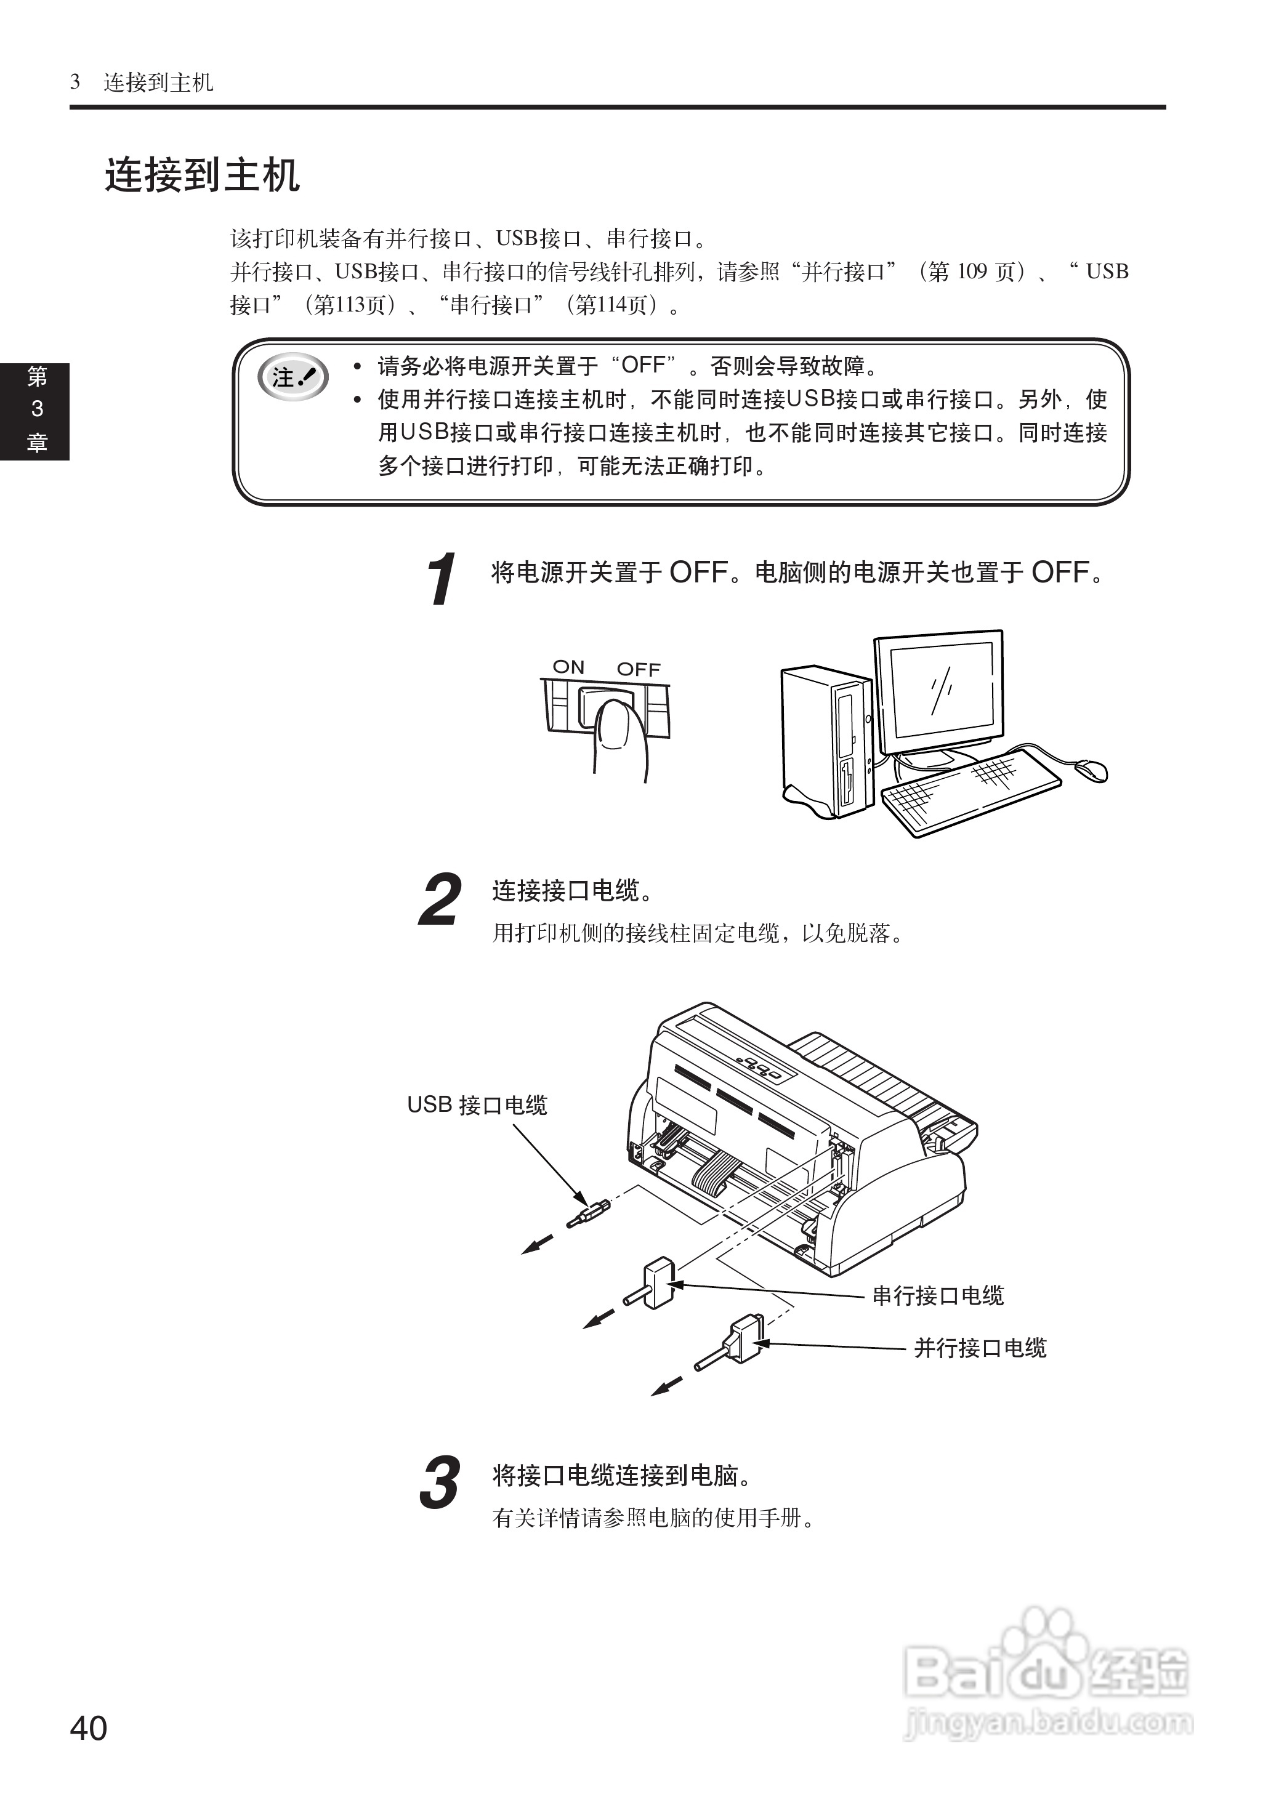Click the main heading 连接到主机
(202, 174)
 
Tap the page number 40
(89, 1728)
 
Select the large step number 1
(442, 579)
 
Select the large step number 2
(441, 899)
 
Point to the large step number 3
(440, 1482)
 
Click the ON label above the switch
(568, 667)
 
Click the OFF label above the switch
(638, 670)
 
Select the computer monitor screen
(938, 688)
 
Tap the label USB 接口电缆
(477, 1104)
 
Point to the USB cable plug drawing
(589, 1213)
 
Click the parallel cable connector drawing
(740, 1343)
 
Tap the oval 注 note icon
(293, 377)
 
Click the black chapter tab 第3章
(35, 411)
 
